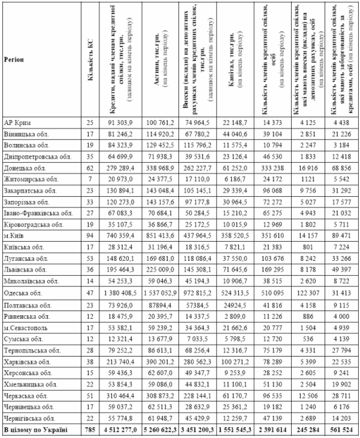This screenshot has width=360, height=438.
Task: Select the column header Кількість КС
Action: click(90, 60)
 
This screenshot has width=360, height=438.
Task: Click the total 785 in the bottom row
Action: click(90, 430)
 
